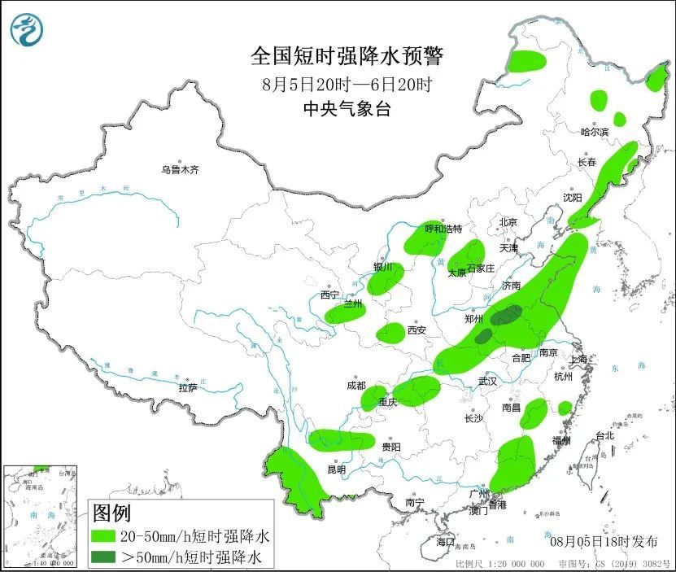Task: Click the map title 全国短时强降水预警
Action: [347, 56]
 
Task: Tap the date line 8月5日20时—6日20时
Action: [347, 84]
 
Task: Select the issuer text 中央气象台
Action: [347, 109]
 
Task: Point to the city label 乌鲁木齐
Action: [179, 170]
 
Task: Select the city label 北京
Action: [508, 221]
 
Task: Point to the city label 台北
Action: [605, 435]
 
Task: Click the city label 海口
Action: [445, 541]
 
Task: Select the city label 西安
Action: [417, 330]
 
